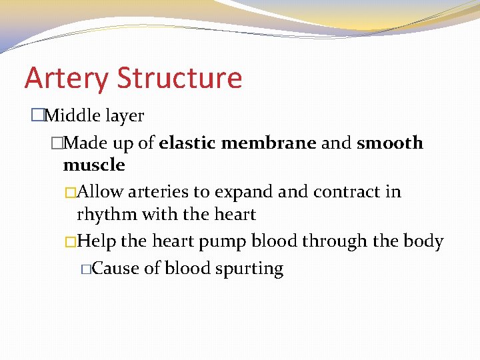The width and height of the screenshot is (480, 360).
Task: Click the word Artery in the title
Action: (67, 79)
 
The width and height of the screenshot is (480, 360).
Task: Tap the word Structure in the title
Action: (179, 77)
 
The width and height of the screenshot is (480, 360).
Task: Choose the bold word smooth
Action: (390, 143)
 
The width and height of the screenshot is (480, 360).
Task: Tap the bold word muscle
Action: (94, 165)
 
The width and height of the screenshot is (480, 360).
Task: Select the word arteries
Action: (158, 192)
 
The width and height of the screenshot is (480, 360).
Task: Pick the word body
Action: (423, 241)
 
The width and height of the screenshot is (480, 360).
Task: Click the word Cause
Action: (112, 269)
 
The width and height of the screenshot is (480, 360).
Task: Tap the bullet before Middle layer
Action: (37, 116)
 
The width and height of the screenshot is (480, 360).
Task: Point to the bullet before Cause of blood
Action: (85, 269)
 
